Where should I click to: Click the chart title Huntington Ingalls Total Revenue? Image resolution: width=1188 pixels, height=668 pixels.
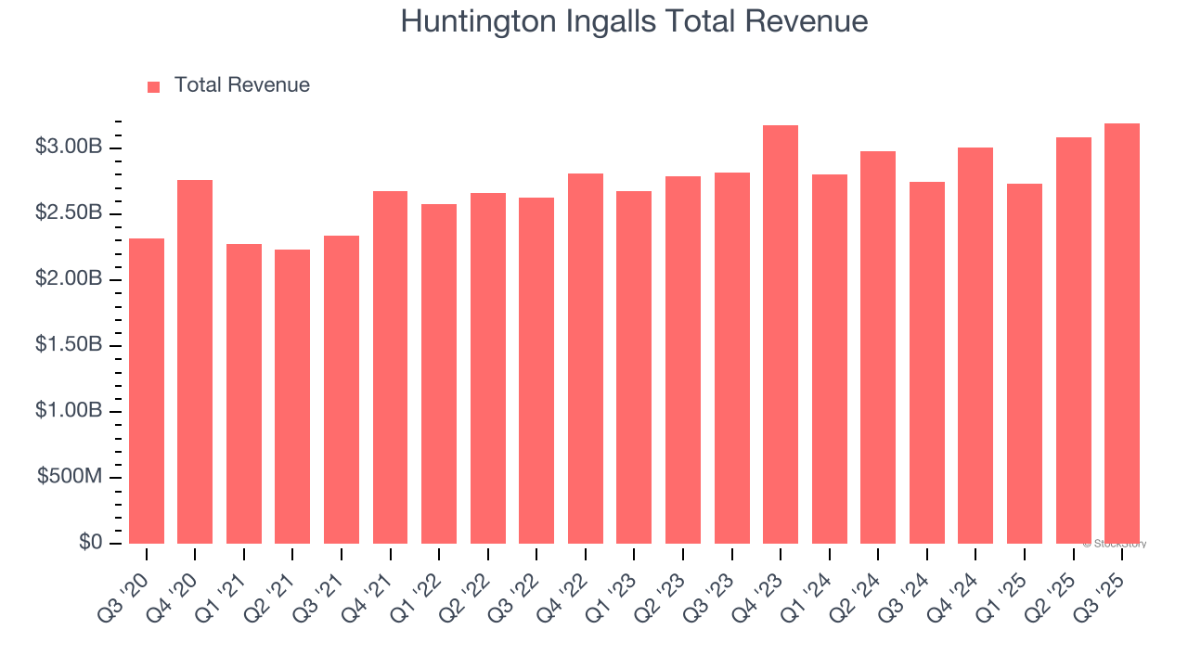(x=634, y=21)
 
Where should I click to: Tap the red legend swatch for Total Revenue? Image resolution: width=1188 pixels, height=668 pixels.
(x=154, y=86)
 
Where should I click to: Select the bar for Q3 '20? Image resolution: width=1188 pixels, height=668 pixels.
(x=147, y=391)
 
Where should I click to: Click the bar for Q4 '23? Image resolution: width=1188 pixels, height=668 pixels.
(x=781, y=334)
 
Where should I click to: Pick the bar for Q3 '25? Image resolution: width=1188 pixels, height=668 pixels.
(x=1122, y=333)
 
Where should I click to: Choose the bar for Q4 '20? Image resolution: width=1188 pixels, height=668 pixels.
(x=195, y=362)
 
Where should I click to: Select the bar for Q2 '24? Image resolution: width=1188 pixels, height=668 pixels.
(x=878, y=347)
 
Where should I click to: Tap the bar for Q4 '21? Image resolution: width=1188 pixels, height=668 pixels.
(x=390, y=367)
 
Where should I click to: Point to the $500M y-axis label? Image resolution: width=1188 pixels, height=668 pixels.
(x=71, y=477)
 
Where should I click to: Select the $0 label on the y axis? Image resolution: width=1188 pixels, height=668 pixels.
(x=90, y=543)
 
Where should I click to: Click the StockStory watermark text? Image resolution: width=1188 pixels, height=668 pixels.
(x=1115, y=544)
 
